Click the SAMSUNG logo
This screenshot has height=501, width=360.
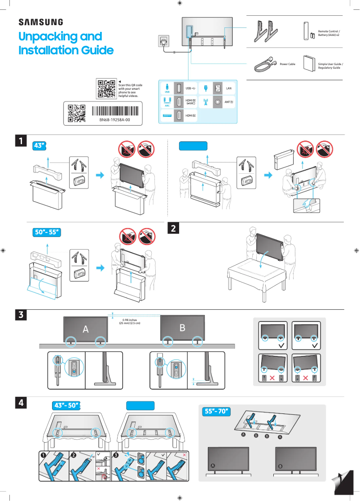tap(40, 22)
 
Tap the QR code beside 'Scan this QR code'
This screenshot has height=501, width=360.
tap(106, 88)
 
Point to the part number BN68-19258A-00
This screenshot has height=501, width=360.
tap(114, 120)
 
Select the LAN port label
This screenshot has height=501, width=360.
tap(228, 88)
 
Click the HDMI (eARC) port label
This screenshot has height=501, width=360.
tap(190, 102)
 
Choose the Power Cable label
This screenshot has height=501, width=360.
tap(287, 64)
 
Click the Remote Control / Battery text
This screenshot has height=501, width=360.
tap(329, 33)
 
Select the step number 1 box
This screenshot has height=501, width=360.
tap(20, 141)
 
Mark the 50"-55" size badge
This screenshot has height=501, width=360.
tap(47, 232)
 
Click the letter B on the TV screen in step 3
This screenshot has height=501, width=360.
tap(182, 328)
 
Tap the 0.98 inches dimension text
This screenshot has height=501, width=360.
tap(129, 320)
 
